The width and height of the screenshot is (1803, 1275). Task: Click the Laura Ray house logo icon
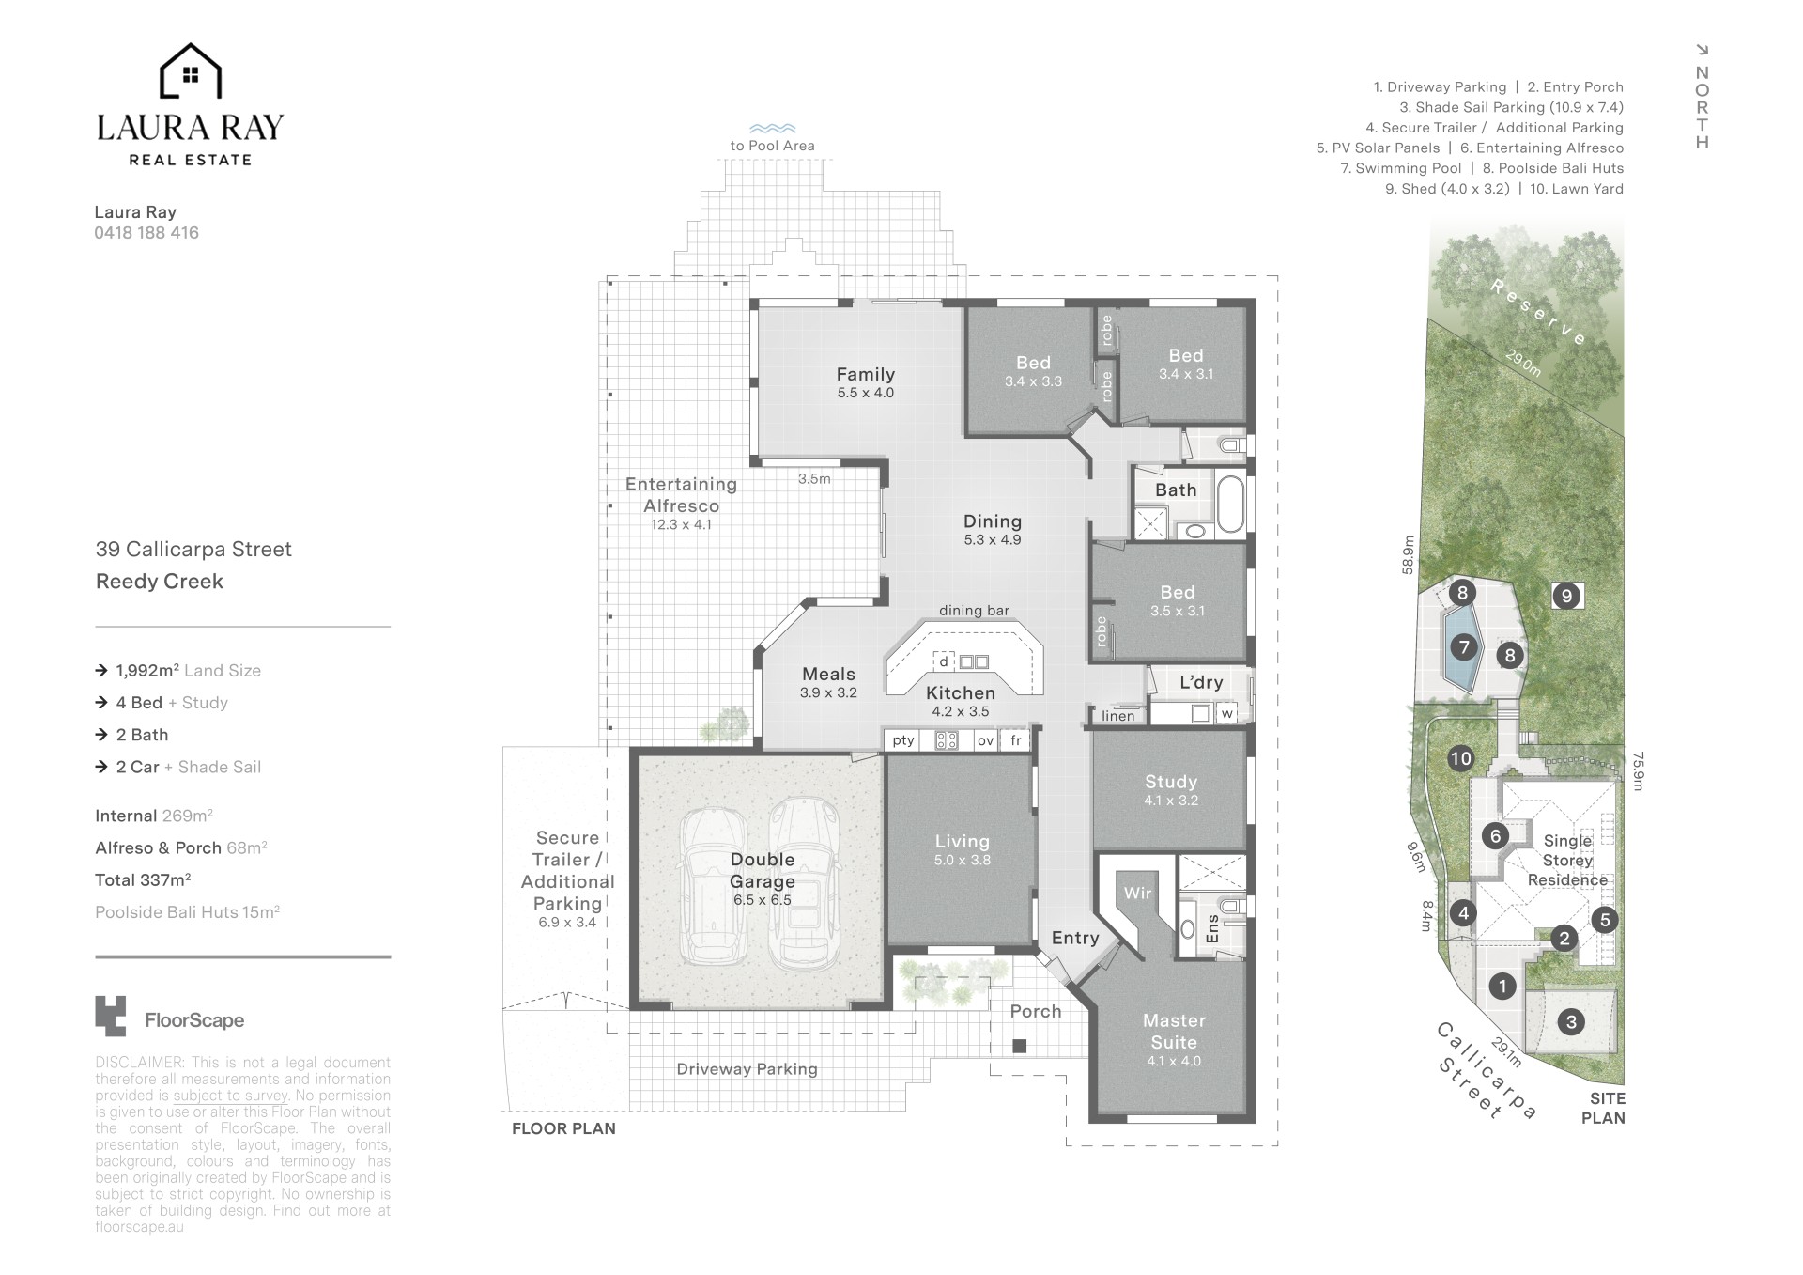click(191, 71)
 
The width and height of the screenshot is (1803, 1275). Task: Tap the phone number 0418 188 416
click(146, 233)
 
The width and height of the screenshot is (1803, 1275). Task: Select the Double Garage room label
click(763, 871)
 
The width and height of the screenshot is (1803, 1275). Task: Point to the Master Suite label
click(1174, 1032)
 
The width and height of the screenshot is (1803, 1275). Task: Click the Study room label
click(1171, 782)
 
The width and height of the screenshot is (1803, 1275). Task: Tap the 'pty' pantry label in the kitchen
click(903, 740)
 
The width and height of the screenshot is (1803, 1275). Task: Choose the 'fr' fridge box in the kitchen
click(1015, 740)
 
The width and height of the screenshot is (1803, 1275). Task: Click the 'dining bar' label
click(974, 611)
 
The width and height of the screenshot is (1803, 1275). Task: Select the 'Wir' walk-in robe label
click(1137, 893)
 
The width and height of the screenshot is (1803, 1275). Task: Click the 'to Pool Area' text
click(773, 146)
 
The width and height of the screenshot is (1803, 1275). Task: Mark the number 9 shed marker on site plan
click(1565, 596)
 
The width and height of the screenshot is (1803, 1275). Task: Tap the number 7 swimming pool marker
click(1463, 646)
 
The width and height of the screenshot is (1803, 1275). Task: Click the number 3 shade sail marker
click(1571, 1021)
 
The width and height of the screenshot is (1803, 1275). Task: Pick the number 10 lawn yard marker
click(1460, 758)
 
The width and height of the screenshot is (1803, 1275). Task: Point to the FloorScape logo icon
click(110, 1016)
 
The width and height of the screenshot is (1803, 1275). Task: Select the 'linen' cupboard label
click(1118, 716)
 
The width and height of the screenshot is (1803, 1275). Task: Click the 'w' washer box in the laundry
click(1226, 713)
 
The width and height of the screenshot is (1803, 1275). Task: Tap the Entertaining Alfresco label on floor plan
click(681, 495)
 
